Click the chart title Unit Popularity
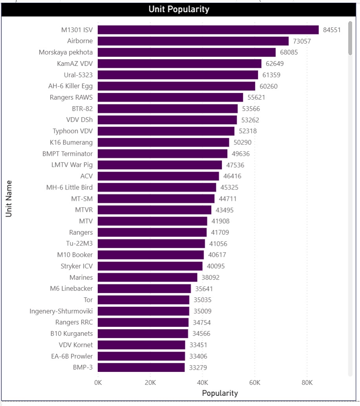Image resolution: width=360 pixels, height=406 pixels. [179, 9]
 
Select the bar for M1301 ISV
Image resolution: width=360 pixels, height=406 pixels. [208, 30]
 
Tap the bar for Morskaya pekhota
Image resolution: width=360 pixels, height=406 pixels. [186, 52]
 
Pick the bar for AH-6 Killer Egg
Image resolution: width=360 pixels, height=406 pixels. [176, 86]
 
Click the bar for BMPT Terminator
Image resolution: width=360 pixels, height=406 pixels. [163, 154]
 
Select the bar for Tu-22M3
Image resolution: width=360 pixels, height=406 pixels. [151, 244]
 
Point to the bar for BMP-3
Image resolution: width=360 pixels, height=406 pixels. [141, 368]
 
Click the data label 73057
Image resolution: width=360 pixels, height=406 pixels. [302, 41]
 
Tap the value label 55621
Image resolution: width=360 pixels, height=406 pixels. [256, 97]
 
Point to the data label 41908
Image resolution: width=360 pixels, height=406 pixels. [220, 221]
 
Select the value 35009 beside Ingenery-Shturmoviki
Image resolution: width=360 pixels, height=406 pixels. [203, 311]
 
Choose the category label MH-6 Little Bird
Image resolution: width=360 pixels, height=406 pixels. [69, 188]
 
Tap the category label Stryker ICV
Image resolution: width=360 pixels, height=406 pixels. [77, 266]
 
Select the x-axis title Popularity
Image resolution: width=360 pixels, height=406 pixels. [220, 393]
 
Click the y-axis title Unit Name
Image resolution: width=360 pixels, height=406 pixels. [9, 198]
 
